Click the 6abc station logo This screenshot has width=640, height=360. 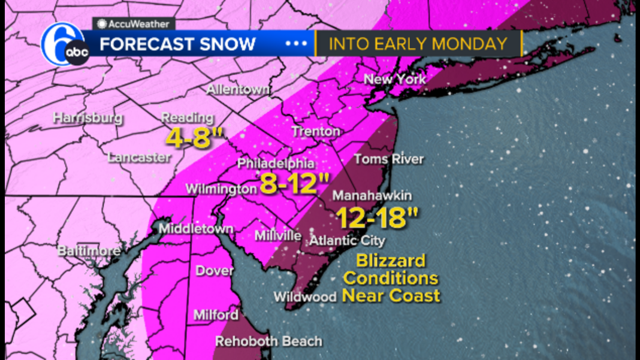tap(64, 46)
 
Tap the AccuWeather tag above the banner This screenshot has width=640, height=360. tap(134, 24)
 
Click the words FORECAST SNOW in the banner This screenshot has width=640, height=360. tap(177, 44)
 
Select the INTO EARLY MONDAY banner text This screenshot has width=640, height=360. tap(418, 44)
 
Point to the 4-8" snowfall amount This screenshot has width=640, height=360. tap(189, 139)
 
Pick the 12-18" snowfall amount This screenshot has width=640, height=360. tap(376, 217)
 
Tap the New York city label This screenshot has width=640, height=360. tap(395, 79)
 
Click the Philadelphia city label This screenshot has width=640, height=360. tap(276, 163)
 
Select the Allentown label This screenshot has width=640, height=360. tap(238, 90)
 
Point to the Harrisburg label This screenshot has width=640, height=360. tap(87, 117)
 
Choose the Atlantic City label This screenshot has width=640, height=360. tap(347, 241)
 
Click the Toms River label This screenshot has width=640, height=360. tap(388, 159)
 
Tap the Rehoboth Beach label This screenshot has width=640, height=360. tap(268, 341)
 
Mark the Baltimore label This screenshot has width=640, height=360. tap(89, 251)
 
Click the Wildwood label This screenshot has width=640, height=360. tap(305, 297)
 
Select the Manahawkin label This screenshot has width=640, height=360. tap(372, 196)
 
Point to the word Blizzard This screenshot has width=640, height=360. tap(391, 261)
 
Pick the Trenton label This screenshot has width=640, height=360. tap(316, 131)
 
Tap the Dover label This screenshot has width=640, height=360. tap(215, 271)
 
